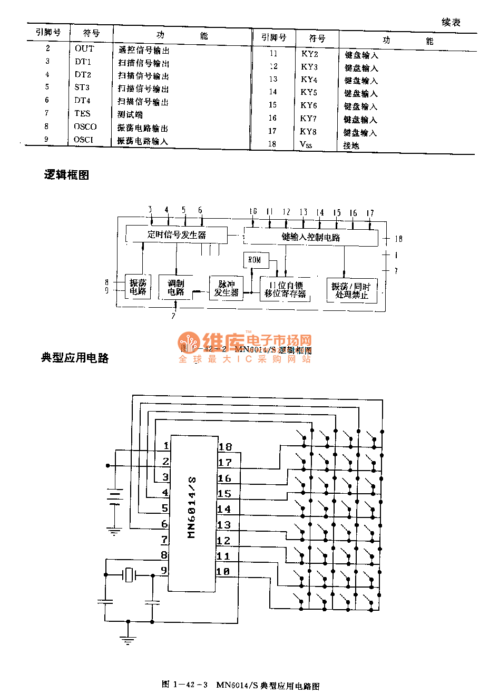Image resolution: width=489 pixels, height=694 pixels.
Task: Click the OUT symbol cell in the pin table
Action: click(84, 48)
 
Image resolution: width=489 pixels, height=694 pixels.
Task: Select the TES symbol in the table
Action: click(82, 113)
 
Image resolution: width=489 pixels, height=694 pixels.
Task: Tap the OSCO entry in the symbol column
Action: click(85, 126)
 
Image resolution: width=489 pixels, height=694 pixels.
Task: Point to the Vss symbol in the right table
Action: click(306, 144)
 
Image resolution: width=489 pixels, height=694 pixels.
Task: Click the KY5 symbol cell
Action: click(309, 92)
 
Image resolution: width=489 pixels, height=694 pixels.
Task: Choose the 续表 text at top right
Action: click(451, 22)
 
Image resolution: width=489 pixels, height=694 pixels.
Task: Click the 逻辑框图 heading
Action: click(66, 175)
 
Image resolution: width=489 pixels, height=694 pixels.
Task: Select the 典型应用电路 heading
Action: click(75, 358)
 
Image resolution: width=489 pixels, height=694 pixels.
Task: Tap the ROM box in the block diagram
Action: click(255, 260)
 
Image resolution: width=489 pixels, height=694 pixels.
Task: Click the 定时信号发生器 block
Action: click(177, 234)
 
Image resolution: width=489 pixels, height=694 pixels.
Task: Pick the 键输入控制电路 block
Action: click(311, 237)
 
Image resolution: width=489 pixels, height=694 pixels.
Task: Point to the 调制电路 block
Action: click(175, 287)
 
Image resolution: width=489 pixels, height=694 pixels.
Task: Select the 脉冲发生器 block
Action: click(226, 288)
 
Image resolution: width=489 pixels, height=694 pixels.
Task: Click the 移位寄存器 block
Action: click(285, 289)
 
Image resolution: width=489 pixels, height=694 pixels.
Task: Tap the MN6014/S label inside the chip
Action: click(192, 507)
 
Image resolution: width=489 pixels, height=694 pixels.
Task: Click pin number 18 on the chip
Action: click(225, 447)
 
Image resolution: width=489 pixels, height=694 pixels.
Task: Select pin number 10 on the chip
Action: click(223, 571)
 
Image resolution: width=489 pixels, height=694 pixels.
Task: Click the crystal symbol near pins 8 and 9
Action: click(129, 575)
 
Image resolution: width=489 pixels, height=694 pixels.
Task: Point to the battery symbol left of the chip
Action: click(114, 497)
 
